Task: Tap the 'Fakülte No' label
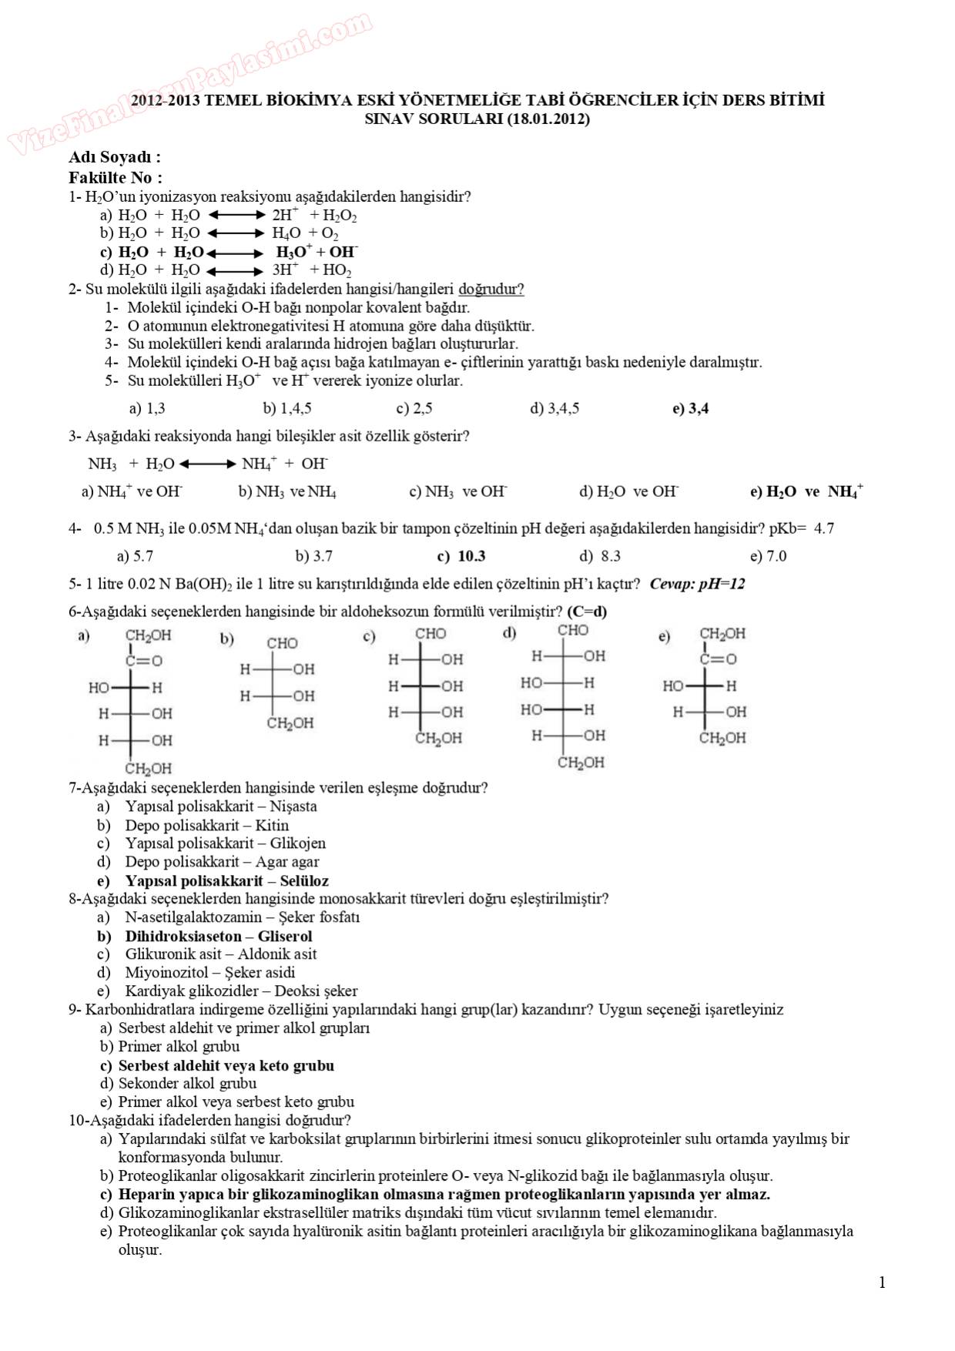115,177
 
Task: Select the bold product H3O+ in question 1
293,252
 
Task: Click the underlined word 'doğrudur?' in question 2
491,290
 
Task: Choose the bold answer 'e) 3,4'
690,408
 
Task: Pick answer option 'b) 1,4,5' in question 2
286,408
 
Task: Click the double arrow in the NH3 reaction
208,464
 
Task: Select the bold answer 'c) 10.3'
461,556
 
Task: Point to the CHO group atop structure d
573,630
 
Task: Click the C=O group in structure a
144,660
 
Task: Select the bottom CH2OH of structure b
290,723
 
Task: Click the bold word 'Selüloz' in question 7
304,880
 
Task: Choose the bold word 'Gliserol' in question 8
284,936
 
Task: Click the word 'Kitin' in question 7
272,825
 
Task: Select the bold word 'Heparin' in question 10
146,1195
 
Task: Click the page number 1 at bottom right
882,1282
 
